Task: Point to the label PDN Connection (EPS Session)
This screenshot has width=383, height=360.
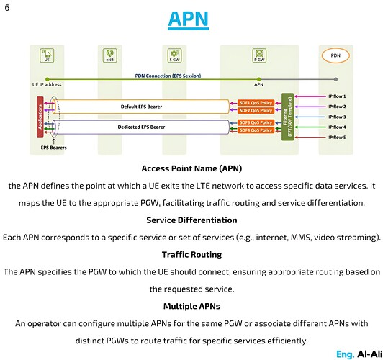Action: (168, 75)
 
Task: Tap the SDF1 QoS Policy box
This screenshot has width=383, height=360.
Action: (256, 102)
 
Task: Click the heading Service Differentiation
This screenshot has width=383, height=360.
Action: (191, 220)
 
